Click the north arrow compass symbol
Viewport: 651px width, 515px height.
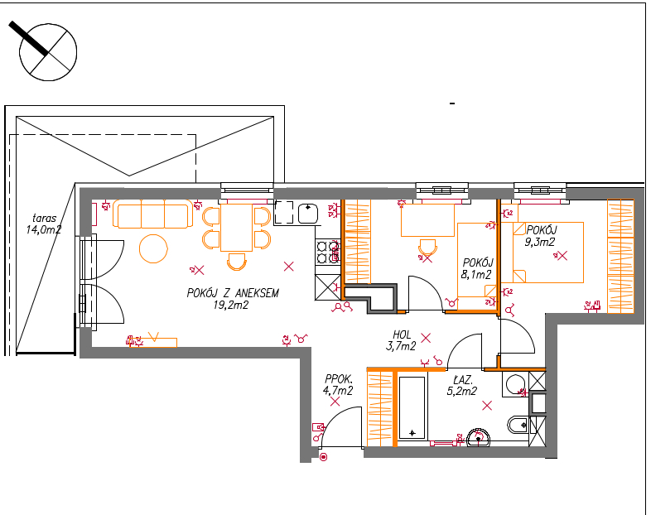(48, 52)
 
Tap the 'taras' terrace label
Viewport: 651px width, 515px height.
(44, 219)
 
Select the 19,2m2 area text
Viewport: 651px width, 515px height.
(231, 306)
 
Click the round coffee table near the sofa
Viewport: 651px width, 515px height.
(153, 248)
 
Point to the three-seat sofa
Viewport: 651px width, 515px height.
(152, 214)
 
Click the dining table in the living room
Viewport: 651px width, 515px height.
(237, 228)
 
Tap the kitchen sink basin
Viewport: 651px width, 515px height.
(308, 214)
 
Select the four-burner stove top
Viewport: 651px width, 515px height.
(328, 253)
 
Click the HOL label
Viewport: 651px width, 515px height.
(402, 335)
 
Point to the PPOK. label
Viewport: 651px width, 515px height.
(339, 379)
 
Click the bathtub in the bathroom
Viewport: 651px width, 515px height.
(412, 407)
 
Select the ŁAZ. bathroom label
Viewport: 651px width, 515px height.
(462, 380)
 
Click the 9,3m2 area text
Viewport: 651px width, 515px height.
(539, 242)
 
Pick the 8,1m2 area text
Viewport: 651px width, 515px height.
(475, 274)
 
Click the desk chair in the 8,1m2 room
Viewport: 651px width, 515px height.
(427, 248)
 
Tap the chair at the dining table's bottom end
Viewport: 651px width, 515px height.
(237, 262)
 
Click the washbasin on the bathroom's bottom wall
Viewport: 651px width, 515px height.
(478, 438)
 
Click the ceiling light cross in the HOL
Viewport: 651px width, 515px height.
(426, 338)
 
